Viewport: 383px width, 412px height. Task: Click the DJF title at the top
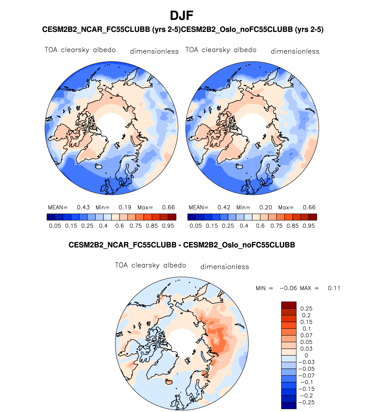coord(182,16)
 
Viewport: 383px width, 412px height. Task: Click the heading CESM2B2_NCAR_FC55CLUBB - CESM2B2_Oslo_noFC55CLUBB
coord(182,245)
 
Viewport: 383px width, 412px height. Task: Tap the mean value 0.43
coord(83,207)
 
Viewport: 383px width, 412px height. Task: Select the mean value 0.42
coord(224,207)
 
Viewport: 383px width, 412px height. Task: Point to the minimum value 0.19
coord(125,207)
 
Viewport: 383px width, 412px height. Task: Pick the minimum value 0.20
coord(266,207)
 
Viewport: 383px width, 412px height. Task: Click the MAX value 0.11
coord(334,288)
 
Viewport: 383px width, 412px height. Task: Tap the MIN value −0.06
coord(288,288)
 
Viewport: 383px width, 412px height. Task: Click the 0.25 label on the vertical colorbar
coord(306,309)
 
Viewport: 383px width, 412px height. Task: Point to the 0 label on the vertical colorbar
coord(306,356)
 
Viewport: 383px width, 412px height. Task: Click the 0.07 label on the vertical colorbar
coord(306,335)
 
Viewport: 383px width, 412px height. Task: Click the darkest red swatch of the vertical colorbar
coord(289,305)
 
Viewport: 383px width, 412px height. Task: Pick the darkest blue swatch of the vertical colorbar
coord(289,405)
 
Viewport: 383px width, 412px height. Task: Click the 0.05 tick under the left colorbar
coord(55,226)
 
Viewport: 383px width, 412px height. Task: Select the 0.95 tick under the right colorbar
coord(309,226)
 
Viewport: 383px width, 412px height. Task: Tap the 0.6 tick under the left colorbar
coord(120,226)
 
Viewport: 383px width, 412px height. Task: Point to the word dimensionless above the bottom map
coord(224,267)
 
